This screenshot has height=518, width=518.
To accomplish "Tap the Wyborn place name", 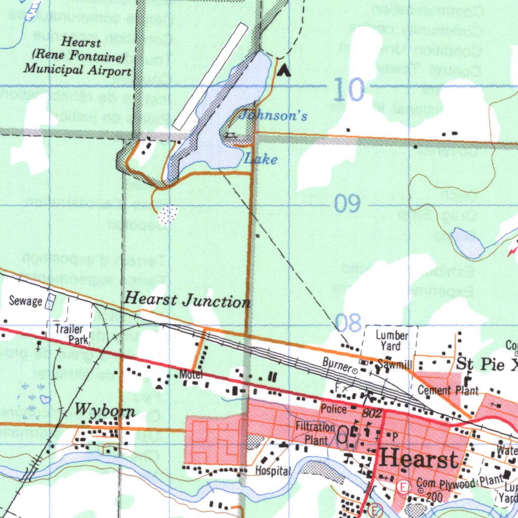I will point(105,410).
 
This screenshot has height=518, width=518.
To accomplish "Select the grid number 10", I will point(349,91).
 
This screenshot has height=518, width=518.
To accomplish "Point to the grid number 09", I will point(348,203).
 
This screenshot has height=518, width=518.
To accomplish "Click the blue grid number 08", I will point(348,322).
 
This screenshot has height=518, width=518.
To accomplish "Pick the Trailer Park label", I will point(72,334).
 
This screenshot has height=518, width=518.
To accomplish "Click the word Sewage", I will point(26,301).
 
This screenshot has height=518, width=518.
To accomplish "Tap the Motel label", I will point(191,375).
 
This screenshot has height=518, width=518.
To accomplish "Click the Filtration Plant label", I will point(316,434).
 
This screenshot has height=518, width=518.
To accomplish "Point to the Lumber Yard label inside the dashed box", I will point(392,340).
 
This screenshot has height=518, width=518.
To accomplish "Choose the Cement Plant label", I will point(448,390).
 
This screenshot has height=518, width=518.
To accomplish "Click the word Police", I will point(333,408).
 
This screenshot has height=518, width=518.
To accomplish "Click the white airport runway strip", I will point(210,76).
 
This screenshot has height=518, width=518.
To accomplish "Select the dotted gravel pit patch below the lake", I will point(167,215).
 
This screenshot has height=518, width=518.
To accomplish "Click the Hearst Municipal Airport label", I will point(77,57).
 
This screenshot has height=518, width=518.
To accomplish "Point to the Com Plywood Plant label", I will point(453,484).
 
